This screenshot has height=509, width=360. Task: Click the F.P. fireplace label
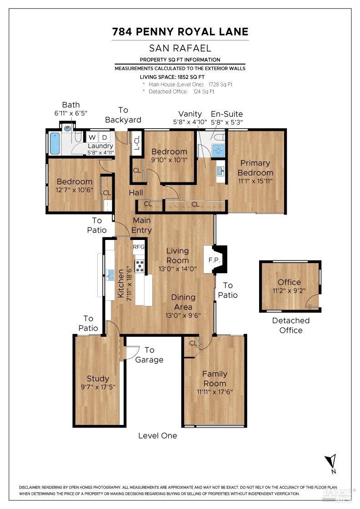click(214, 260)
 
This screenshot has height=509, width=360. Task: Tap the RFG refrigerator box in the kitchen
click(139, 247)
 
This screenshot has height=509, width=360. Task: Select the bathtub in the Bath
click(55, 143)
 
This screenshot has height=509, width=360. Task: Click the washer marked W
click(92, 137)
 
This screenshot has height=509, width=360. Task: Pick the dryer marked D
click(104, 137)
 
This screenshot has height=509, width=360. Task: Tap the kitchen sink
click(110, 274)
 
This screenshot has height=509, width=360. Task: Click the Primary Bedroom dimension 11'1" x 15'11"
click(255, 180)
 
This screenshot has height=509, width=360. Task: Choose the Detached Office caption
click(290, 325)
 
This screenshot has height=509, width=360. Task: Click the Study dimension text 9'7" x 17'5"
click(98, 387)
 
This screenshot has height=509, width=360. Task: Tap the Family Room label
click(215, 378)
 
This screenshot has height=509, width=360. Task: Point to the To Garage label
click(149, 355)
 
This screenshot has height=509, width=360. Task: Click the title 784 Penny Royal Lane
click(180, 31)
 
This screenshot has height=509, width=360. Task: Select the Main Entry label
click(141, 225)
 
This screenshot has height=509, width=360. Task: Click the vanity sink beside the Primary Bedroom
click(220, 171)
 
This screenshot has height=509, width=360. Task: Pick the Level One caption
click(158, 435)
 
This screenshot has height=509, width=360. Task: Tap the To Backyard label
click(123, 115)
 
